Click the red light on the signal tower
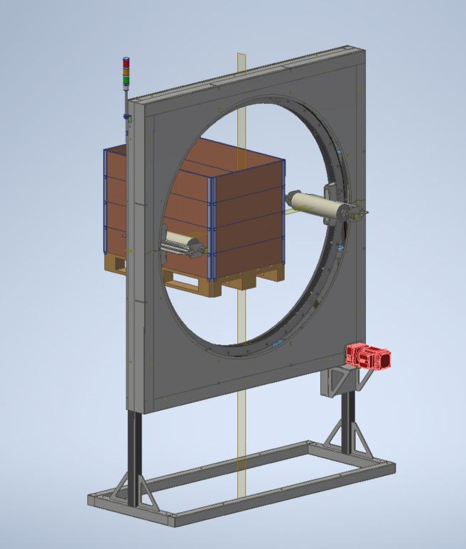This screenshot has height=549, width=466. pyautogui.click(x=126, y=61)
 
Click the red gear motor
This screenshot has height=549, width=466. pyautogui.click(x=368, y=356)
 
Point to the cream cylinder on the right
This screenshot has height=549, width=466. pyautogui.click(x=314, y=204)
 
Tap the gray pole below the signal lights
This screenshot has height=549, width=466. pyautogui.click(x=126, y=100)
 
